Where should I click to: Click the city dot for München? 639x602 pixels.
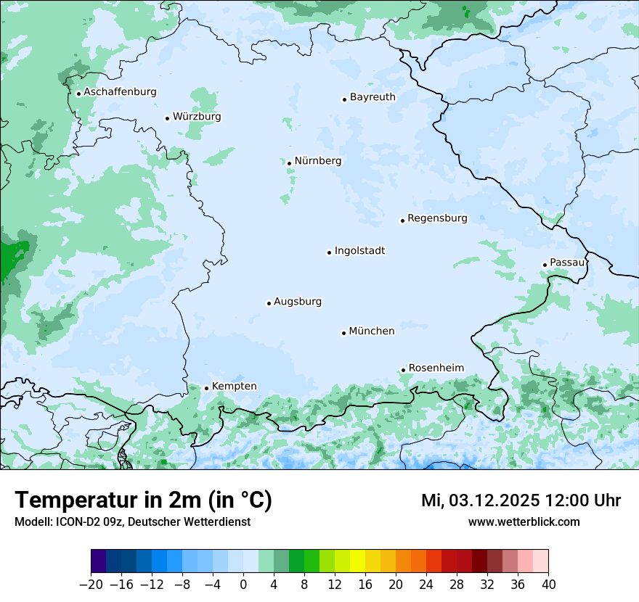coord(344,333)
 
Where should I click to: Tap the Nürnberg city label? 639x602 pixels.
coord(317,161)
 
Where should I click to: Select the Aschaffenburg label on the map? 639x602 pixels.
coord(120,92)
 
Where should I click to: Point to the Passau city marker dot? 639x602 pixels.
coord(545,265)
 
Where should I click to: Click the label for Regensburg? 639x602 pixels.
coord(437,218)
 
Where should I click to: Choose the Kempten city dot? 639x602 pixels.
coord(206,388)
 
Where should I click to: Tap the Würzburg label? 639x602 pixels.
coord(197,117)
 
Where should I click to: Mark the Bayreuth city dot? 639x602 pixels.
coord(344,99)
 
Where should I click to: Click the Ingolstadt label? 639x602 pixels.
coord(359,251)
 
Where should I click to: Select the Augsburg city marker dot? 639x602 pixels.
coord(269,303)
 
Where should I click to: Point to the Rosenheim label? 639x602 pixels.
coord(436,368)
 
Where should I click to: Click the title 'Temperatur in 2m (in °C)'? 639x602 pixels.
coord(143,500)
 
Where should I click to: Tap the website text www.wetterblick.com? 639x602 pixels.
coord(524,521)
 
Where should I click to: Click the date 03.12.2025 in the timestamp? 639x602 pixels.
coord(493,500)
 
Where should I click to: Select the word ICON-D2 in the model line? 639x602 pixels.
coord(70,521)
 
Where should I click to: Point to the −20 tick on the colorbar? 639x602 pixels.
coord(91,585)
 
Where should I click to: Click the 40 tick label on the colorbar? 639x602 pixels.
coord(548,585)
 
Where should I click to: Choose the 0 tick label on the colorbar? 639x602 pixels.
coord(243,585)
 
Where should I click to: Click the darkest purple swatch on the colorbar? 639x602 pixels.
coord(99,561)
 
